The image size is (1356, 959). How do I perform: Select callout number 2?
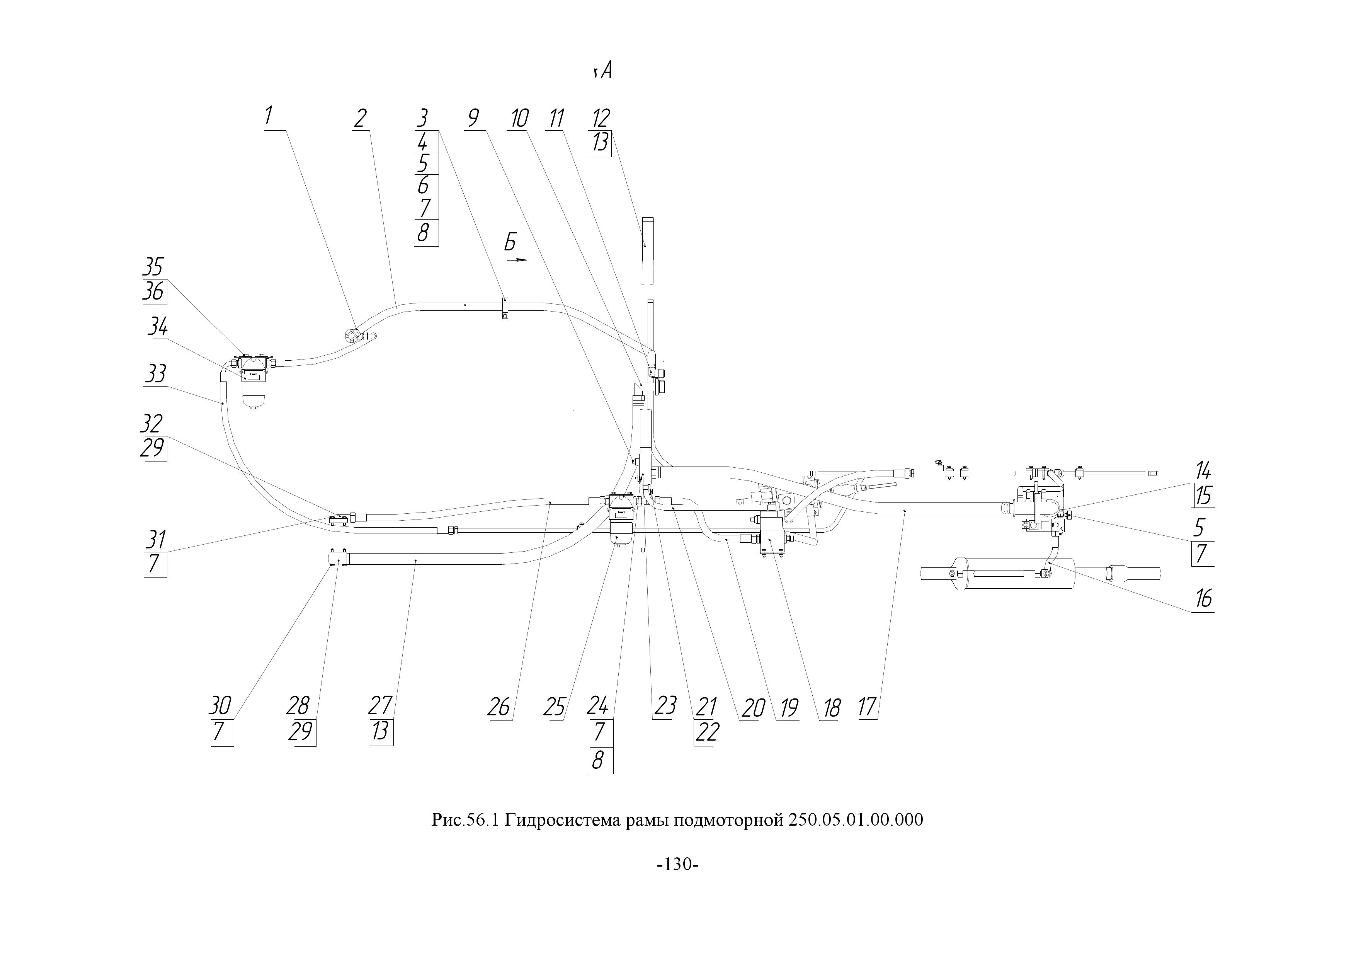360,118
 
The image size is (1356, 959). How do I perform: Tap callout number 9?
473,118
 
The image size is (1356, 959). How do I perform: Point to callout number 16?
1204,599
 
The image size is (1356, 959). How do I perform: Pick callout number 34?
158,326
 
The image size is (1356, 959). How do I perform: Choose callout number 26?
499,707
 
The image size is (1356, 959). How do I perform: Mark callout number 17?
867,707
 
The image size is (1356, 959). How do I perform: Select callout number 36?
153,291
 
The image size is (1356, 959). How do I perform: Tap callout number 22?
706,732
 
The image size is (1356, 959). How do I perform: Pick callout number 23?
665,707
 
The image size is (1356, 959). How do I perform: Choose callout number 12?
601,118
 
